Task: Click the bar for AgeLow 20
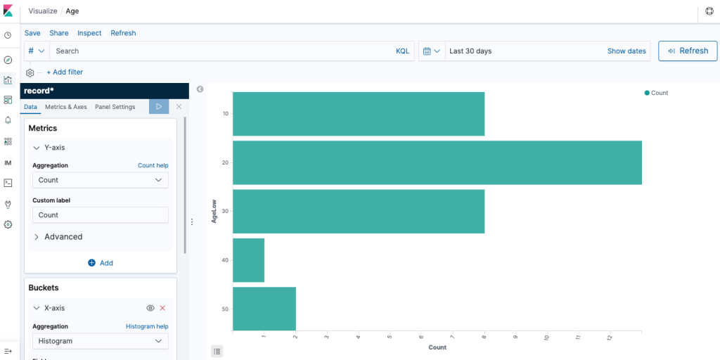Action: click(x=437, y=162)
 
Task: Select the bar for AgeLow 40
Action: click(x=248, y=260)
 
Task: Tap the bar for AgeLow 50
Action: click(x=264, y=309)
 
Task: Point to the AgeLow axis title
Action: click(x=214, y=211)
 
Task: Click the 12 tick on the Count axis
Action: click(x=610, y=338)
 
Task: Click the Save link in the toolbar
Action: click(x=32, y=33)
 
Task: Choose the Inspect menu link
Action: click(x=89, y=33)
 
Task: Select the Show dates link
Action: click(x=626, y=51)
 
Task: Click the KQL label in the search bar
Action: click(x=402, y=51)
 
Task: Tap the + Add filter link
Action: click(x=65, y=72)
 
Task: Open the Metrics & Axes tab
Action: click(x=66, y=107)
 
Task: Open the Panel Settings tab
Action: click(x=115, y=107)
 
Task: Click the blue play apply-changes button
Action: click(x=159, y=107)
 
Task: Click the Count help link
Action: click(x=153, y=165)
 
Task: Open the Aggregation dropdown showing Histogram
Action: click(x=101, y=341)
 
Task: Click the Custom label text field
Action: click(x=101, y=215)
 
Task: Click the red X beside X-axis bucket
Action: click(x=162, y=308)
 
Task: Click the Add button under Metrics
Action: click(x=101, y=263)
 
